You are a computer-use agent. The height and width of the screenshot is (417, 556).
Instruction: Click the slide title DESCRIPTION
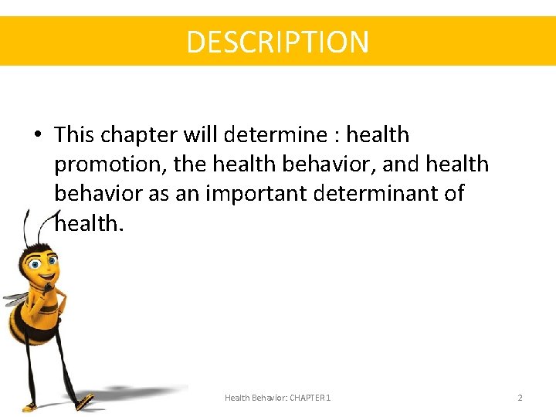point(278,41)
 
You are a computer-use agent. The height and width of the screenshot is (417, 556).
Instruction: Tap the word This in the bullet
point(76,135)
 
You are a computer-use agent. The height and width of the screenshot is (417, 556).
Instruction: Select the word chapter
point(140,135)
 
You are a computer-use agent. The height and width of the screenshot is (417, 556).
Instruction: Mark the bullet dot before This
point(37,136)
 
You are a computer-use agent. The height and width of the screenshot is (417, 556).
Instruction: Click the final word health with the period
point(89,223)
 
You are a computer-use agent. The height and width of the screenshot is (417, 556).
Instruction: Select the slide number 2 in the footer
point(520,398)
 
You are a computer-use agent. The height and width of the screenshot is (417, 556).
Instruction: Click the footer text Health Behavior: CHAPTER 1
point(277,398)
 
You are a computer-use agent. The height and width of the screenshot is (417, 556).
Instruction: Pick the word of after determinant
point(452,193)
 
